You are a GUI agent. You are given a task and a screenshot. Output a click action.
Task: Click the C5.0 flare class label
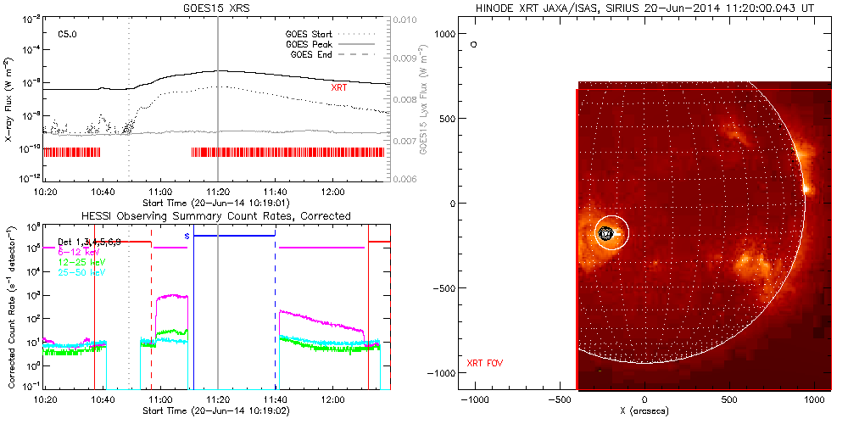[x=68, y=34]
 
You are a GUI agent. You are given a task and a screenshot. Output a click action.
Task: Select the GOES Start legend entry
[x=313, y=33]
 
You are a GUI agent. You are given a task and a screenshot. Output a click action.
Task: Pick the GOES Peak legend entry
[x=313, y=43]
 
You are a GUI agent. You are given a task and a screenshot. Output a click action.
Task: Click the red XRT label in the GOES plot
[x=340, y=86]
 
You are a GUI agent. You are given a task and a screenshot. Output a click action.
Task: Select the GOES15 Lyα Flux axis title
[x=421, y=99]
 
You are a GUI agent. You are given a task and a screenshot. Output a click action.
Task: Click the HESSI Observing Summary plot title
[x=215, y=216]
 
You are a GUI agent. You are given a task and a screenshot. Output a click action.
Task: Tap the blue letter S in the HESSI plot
[x=187, y=235]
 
